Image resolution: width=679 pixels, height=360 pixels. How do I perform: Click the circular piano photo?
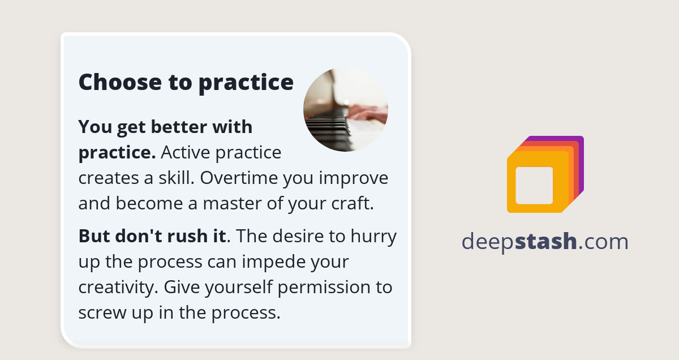coord(346,110)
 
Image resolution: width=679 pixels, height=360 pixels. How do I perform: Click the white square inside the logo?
coord(534,186)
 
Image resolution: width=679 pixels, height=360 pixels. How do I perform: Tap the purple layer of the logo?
coord(579,164)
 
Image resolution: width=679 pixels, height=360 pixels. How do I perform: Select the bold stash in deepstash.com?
coord(546,242)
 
